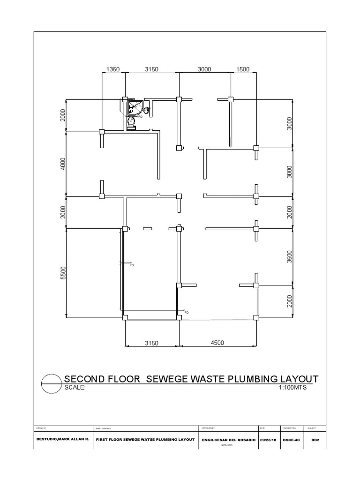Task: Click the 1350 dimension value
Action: (x=113, y=69)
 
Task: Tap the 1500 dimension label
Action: (x=243, y=69)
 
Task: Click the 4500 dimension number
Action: (x=217, y=343)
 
